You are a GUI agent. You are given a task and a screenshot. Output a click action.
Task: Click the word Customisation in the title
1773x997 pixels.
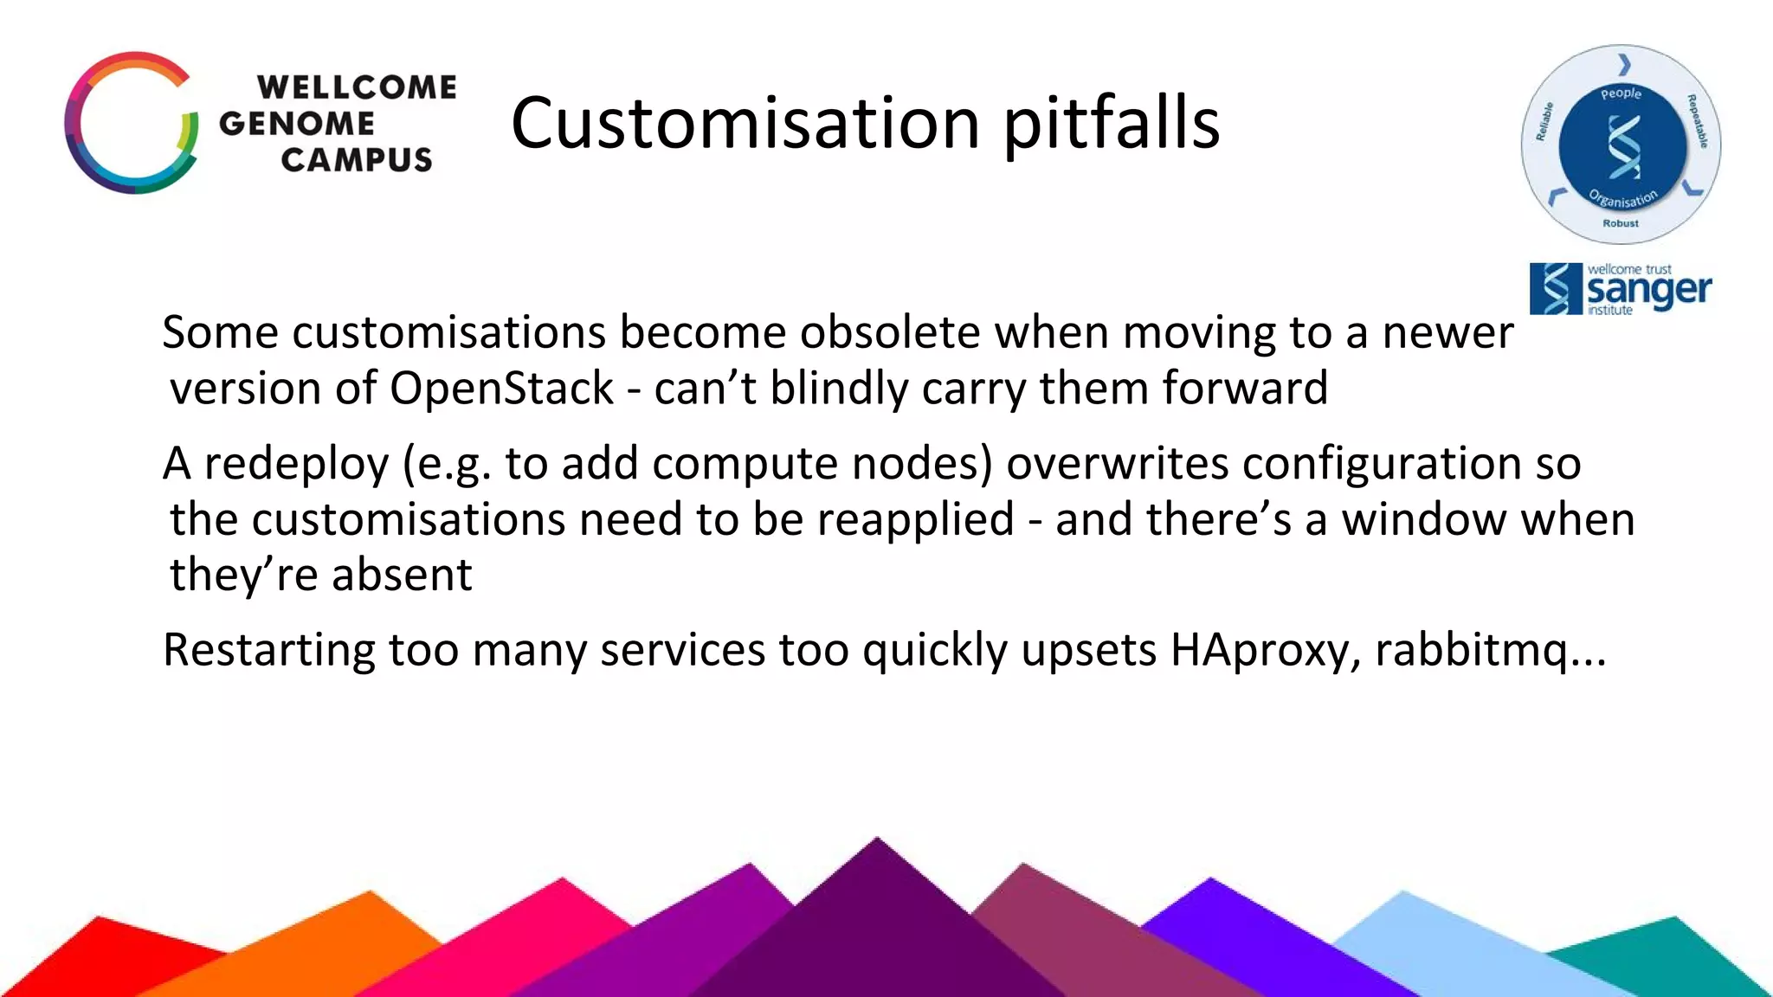(x=745, y=123)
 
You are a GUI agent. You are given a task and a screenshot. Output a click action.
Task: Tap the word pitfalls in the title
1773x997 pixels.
(x=1112, y=123)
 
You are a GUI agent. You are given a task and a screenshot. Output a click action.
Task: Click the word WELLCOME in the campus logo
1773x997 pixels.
(x=357, y=87)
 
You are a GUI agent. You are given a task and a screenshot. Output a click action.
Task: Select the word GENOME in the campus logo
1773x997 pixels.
(x=297, y=124)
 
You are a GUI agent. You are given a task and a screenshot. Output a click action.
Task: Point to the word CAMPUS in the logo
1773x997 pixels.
(x=357, y=160)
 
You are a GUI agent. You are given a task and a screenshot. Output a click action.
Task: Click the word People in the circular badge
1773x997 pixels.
(x=1621, y=93)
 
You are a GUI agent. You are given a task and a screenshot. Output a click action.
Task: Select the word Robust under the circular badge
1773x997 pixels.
(x=1621, y=223)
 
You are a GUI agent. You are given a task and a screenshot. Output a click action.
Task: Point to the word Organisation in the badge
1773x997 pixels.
(x=1622, y=199)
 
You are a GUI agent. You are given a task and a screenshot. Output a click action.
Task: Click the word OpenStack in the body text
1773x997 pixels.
(x=501, y=388)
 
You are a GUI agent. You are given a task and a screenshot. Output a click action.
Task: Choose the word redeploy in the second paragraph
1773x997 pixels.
(x=296, y=464)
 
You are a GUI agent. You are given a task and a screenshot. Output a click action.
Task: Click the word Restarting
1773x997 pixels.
(x=268, y=650)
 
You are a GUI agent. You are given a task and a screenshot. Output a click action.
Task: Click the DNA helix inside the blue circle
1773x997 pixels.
(x=1623, y=146)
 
